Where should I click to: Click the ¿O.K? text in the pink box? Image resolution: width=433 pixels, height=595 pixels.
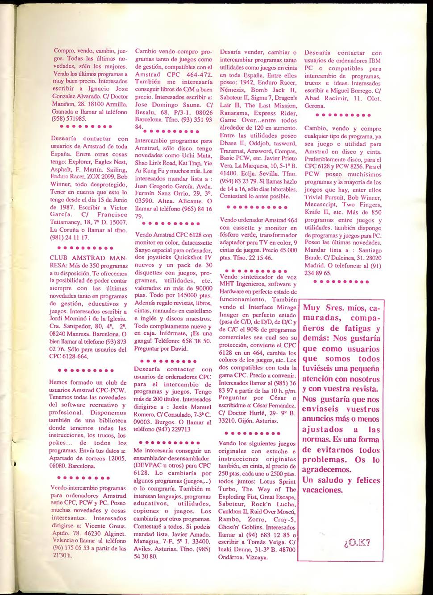point(357,543)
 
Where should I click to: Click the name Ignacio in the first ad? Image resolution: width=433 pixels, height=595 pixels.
point(104,89)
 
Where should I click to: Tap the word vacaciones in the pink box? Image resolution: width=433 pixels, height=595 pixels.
point(322,490)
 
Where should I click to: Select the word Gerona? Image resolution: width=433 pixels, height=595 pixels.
point(314,106)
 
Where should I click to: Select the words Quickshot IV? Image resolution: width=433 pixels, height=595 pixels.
point(192,257)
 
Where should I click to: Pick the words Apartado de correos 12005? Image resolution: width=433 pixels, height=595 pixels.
point(87,458)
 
